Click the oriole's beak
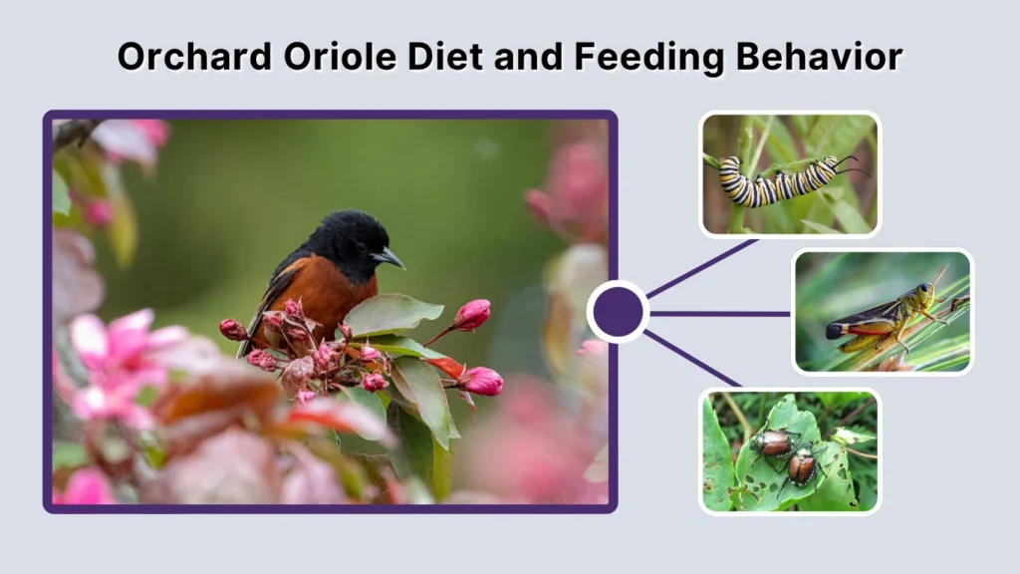click(389, 257)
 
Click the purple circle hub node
click(618, 312)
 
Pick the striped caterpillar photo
click(789, 174)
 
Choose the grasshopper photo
click(883, 311)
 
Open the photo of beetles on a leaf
click(789, 450)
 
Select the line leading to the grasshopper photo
click(719, 313)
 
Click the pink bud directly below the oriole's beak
click(472, 314)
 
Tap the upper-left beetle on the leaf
click(774, 443)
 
